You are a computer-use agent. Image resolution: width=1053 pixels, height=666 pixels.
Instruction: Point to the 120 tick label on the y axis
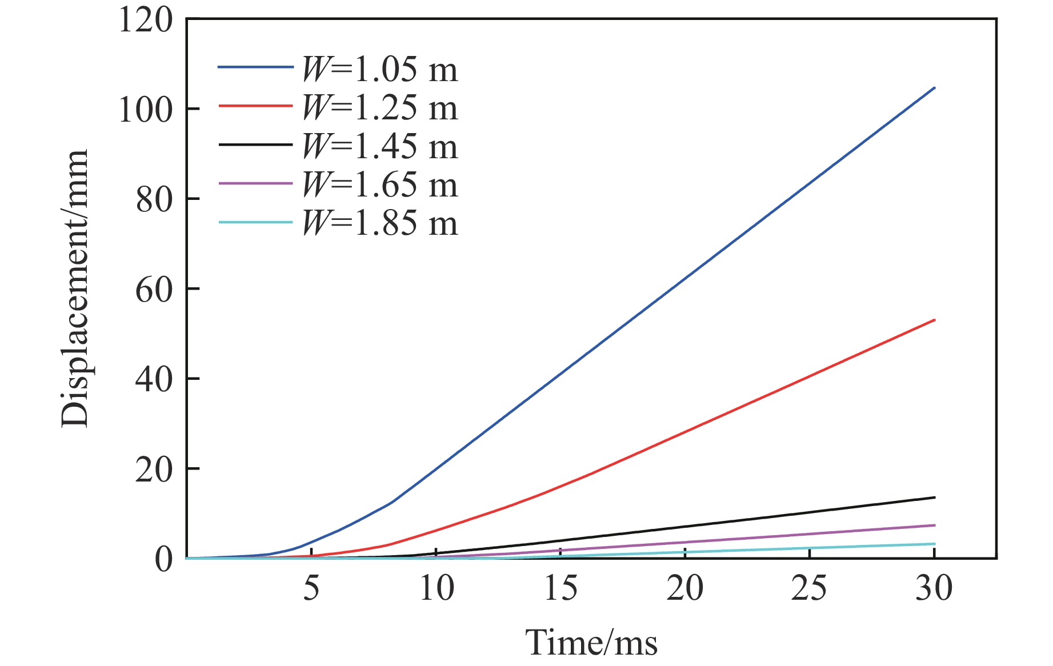point(145,21)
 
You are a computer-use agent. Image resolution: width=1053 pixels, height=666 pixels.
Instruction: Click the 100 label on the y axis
point(145,110)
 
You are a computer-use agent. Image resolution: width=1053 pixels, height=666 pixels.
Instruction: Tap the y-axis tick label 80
point(154,200)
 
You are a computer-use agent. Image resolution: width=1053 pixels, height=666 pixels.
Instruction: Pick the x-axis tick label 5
point(311,588)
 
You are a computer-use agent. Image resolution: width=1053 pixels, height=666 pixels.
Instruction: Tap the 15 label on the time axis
point(560,588)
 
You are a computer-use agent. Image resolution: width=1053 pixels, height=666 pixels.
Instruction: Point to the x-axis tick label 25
point(809,588)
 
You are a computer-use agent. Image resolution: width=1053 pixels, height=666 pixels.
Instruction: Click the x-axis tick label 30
point(934,588)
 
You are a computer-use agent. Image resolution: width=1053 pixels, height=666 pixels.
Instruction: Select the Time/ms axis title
point(591,643)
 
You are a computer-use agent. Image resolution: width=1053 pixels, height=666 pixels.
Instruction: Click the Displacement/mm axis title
point(75,288)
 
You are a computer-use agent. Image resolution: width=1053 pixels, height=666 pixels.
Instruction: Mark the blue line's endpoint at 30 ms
point(934,88)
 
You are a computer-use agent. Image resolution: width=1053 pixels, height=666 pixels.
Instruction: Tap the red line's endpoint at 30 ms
point(934,320)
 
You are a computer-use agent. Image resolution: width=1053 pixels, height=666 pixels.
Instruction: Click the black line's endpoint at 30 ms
point(934,498)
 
